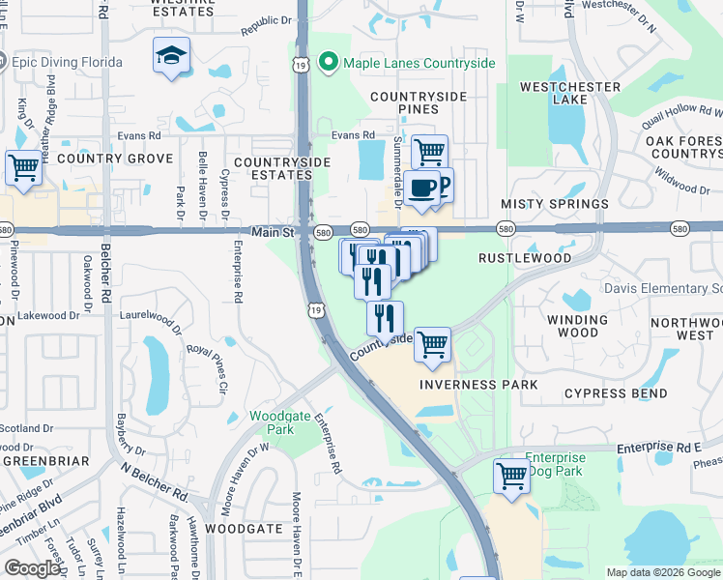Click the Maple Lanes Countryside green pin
328,63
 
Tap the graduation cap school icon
171,56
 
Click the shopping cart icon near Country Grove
23,167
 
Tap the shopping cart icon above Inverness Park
433,343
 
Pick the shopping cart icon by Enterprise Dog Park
511,475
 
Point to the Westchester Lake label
570,93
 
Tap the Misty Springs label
555,204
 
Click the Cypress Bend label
616,393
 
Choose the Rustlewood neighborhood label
526,258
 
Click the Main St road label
272,232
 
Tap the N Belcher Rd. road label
155,479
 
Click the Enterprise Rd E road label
658,449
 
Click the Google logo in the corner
32,567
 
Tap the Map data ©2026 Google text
662,572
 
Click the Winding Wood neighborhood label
577,326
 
